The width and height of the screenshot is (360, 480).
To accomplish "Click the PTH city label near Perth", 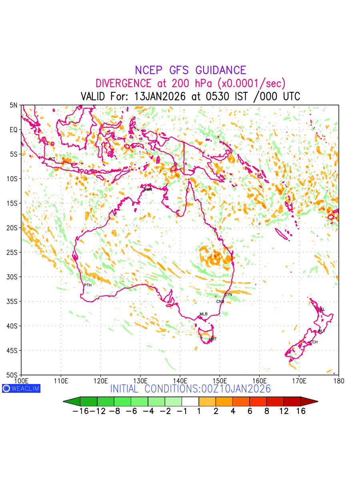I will click(x=88, y=285).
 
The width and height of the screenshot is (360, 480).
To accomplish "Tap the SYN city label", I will click(x=228, y=294).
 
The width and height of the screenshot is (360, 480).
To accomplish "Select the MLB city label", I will click(x=204, y=314).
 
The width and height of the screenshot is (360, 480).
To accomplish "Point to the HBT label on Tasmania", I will click(x=213, y=339).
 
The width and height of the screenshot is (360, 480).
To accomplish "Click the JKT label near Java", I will click(x=52, y=159).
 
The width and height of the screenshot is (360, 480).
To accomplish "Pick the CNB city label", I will click(x=220, y=301).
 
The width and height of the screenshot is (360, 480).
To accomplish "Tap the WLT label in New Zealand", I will click(x=321, y=331).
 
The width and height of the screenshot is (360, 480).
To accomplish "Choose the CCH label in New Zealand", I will click(x=313, y=342).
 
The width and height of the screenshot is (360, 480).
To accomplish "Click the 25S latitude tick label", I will click(x=14, y=252).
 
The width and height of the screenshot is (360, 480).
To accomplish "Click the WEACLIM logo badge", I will click(x=21, y=388).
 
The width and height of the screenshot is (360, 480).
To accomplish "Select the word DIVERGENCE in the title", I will click(x=123, y=84).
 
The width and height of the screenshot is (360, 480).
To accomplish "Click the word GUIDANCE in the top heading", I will click(x=220, y=70).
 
